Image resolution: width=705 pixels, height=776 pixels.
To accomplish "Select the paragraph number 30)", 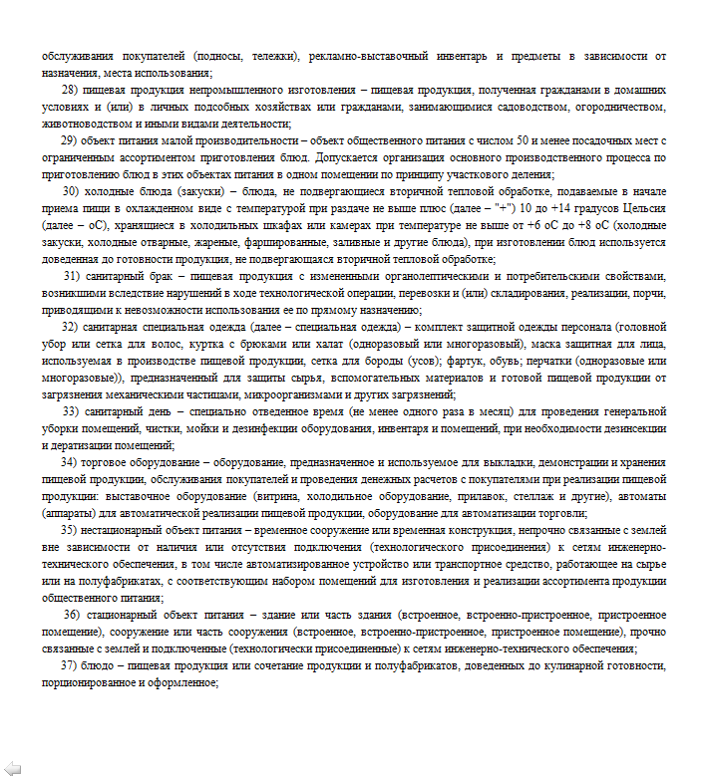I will (x=71, y=190).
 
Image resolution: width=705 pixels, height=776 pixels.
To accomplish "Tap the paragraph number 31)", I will (x=73, y=275).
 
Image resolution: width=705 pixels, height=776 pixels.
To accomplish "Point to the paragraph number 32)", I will (x=70, y=327).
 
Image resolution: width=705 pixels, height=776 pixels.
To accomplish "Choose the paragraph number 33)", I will (x=71, y=410).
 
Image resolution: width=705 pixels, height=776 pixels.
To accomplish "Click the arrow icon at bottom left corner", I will (x=13, y=766).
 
